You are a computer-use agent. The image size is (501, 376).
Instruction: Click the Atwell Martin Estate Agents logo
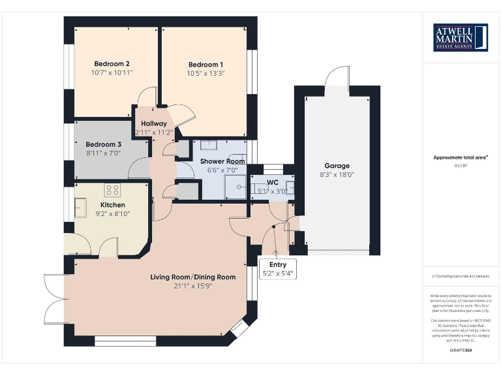click(x=461, y=37)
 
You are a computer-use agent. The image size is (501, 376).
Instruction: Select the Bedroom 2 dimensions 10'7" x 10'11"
click(x=112, y=72)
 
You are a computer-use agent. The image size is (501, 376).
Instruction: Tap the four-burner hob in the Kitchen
click(x=112, y=191)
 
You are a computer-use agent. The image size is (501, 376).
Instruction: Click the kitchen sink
click(x=82, y=207)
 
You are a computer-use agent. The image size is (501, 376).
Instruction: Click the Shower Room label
click(x=222, y=161)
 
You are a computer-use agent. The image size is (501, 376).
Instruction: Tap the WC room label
click(x=272, y=183)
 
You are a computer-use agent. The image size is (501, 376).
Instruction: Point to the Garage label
click(x=337, y=166)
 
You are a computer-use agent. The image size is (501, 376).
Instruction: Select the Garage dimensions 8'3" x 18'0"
click(x=337, y=174)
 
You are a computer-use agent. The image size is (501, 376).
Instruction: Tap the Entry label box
click(x=278, y=269)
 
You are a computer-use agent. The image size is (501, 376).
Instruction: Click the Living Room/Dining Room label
click(x=193, y=277)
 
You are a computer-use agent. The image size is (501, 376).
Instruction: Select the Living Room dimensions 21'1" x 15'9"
click(x=193, y=285)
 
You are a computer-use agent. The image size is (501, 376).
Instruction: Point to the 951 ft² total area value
click(x=461, y=166)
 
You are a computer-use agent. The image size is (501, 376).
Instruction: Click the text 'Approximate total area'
click(x=460, y=157)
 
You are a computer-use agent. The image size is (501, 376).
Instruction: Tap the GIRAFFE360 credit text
click(x=461, y=351)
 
